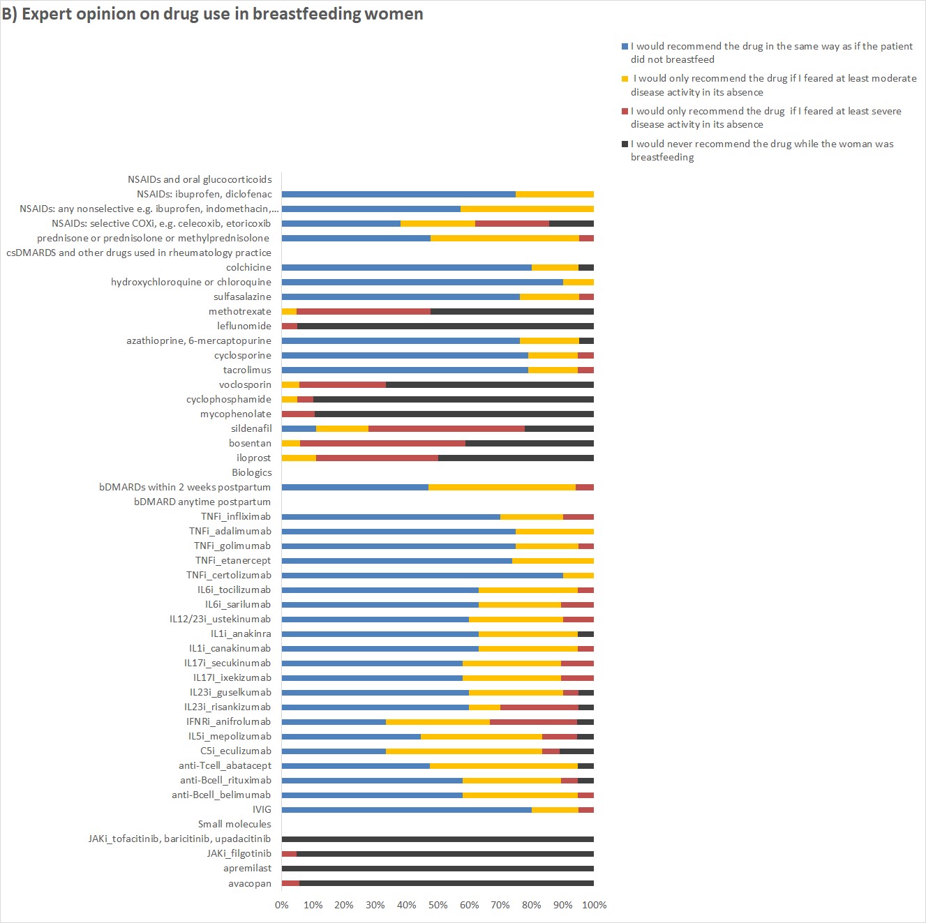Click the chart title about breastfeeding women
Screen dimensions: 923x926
pos(212,14)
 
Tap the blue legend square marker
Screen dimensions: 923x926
pos(625,46)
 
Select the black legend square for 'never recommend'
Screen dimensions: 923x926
pos(625,144)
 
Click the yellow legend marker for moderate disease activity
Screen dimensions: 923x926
pos(625,79)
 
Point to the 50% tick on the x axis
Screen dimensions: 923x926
pos(438,905)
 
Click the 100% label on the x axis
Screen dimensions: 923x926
pos(594,905)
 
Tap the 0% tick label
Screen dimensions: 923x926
pos(282,905)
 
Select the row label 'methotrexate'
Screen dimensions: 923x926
pos(239,311)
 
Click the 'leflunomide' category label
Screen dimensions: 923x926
pos(244,326)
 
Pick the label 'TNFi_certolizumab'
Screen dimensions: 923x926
pos(228,575)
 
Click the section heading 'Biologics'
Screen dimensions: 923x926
pos(251,472)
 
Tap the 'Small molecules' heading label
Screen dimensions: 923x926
pos(234,824)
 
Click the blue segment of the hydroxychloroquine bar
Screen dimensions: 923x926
pos(422,282)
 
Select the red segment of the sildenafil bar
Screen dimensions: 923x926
pos(447,428)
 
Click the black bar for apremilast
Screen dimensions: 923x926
pos(438,869)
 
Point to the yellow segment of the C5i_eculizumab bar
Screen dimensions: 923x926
pos(464,751)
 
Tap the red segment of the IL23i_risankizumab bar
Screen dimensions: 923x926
pos(539,707)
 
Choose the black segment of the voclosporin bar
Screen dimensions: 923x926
pos(490,384)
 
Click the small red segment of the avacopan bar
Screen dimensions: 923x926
pos(290,883)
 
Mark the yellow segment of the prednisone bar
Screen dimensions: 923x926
pos(505,238)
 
